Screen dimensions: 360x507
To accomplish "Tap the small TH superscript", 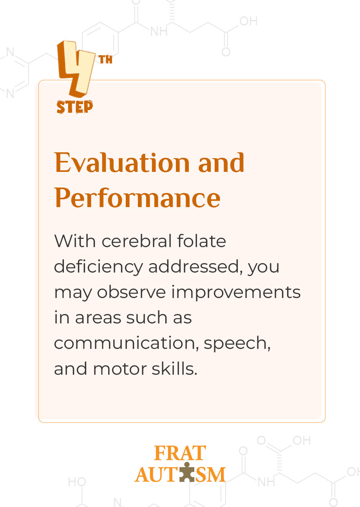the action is pos(105,60).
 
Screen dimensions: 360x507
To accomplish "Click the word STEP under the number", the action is pos(75,106).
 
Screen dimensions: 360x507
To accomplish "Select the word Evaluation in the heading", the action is pos(122,162).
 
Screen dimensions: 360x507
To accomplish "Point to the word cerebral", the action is pos(137,241).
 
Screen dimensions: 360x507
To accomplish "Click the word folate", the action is pos(202,241).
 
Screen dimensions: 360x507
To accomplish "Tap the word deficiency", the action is pos(98,267).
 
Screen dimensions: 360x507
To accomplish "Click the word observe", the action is pos(132,292).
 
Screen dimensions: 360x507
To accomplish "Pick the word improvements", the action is pos(236,293).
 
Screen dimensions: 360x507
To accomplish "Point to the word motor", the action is pos(119,369).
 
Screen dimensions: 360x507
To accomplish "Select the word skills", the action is pos(174,368).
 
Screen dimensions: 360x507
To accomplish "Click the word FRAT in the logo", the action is pos(180,453).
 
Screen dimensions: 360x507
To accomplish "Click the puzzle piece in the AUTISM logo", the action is pos(187,472).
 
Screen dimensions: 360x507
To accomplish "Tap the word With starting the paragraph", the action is pos(75,241).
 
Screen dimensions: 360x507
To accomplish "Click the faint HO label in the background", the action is pos(77,482).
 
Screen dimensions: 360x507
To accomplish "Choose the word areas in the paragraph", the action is pos(98,318).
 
